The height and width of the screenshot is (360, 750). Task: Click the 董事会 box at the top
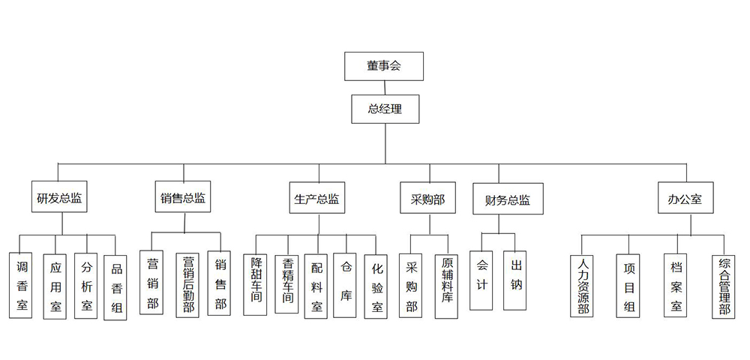[384, 66]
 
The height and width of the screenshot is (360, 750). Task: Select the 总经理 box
[385, 109]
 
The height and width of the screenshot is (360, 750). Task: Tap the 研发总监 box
[59, 199]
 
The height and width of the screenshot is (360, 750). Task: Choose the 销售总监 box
[182, 199]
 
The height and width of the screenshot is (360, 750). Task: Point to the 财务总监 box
[508, 200]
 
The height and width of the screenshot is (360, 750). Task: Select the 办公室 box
[685, 199]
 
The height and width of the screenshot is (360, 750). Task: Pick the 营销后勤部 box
[187, 284]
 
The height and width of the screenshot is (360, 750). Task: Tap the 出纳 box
[515, 280]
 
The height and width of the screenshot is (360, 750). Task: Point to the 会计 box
[482, 280]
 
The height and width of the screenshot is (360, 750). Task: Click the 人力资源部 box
[583, 285]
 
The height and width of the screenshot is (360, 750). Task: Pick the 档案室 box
[676, 285]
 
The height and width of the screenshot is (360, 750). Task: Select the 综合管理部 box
[724, 285]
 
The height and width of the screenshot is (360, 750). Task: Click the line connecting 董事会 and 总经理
[385, 88]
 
